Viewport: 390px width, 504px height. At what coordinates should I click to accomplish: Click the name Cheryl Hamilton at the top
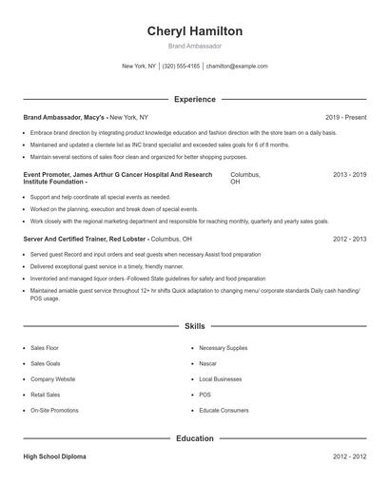point(194,31)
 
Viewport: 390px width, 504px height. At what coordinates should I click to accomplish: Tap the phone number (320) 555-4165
point(181,67)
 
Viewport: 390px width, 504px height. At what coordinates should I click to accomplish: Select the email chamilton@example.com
point(237,67)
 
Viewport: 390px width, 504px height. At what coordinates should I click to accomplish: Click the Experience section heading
point(194,99)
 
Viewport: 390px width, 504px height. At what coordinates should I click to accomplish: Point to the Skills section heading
point(194,326)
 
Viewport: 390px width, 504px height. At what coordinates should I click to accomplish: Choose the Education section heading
point(194,438)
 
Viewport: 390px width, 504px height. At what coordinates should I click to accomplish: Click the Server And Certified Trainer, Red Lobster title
point(85,240)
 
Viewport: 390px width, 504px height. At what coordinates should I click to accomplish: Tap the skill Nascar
point(208,363)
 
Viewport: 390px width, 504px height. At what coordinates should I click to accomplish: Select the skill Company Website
point(52,378)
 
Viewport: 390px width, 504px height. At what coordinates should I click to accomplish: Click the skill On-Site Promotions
point(54,410)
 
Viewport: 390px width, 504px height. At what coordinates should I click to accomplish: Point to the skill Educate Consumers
point(224,410)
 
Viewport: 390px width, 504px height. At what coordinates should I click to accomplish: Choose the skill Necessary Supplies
point(223,348)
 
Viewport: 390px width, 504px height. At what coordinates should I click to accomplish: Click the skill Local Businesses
point(221,378)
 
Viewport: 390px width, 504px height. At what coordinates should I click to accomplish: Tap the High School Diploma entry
point(54,456)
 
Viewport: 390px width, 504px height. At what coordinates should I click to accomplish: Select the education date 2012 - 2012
point(349,456)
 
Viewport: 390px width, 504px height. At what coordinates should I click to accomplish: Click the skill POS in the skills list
point(205,394)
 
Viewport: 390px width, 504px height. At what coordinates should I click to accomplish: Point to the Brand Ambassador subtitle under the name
point(194,46)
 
